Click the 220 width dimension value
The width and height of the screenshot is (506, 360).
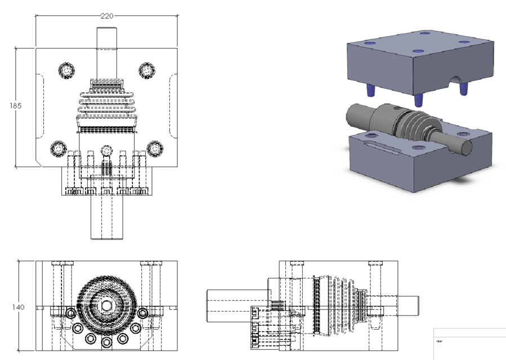coord(107,16)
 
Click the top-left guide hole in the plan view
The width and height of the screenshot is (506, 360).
coord(67,70)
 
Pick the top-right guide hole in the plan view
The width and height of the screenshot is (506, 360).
coord(147,70)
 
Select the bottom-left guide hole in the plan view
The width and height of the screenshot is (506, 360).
coord(59,148)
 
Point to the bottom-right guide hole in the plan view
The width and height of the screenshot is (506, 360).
coord(155,148)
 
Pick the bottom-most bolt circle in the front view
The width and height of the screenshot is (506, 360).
coord(106,343)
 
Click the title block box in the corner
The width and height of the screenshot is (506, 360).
coord(469,343)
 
